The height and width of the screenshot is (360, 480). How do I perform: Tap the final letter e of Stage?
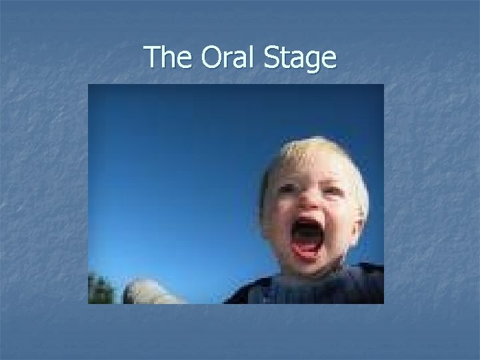328,60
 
